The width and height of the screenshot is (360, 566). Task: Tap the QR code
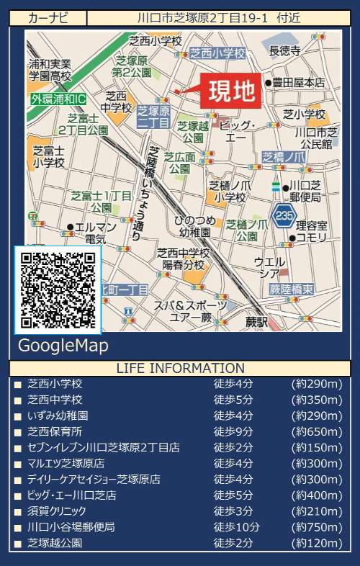[x=58, y=289]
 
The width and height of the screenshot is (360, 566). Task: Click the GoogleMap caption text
[x=63, y=346]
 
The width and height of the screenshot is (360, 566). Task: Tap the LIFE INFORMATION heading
[x=180, y=369]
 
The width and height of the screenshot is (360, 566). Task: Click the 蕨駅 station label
[x=256, y=319]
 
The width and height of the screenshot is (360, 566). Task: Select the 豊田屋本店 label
[x=298, y=82]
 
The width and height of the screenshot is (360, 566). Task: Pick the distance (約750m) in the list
[x=317, y=526]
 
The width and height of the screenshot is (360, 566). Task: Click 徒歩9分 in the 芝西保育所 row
[x=233, y=431]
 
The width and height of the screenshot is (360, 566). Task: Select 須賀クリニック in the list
[x=56, y=511]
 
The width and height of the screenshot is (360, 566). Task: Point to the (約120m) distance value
[x=317, y=542]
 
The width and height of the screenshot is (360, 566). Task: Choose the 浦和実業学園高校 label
[x=50, y=69]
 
